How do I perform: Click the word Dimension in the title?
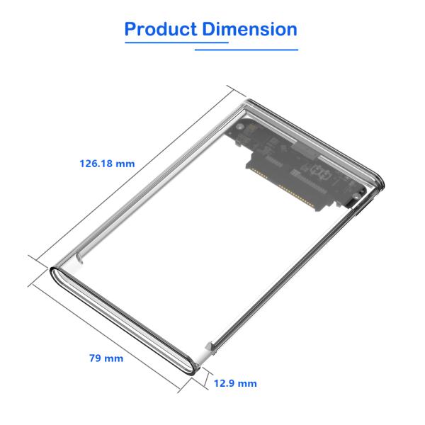(249, 29)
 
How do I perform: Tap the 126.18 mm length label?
(106, 164)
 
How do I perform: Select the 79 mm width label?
(106, 358)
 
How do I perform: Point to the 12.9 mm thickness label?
(235, 383)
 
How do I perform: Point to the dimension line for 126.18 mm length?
(135, 170)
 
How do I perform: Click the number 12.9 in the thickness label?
(225, 383)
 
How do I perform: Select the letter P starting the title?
(131, 29)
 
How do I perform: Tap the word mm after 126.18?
(125, 164)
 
